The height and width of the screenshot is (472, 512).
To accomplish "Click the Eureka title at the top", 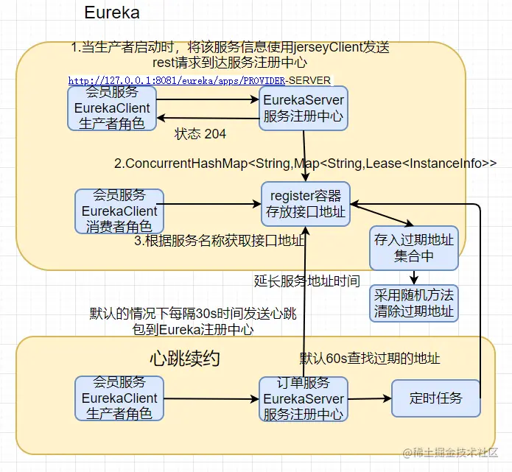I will pyautogui.click(x=112, y=13).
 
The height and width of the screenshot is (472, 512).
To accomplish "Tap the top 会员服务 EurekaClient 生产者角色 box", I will pyautogui.click(x=112, y=108).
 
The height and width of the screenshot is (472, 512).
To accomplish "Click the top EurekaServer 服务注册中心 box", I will pyautogui.click(x=304, y=108).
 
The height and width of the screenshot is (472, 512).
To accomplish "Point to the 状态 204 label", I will pyautogui.click(x=200, y=134).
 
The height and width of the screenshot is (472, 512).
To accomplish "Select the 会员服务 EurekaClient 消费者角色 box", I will pyautogui.click(x=120, y=211).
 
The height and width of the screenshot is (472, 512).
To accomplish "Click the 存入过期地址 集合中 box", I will pyautogui.click(x=414, y=249).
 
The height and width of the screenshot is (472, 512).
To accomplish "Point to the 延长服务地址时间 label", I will pyautogui.click(x=307, y=281).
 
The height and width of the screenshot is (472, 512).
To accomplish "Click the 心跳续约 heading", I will pyautogui.click(x=184, y=359).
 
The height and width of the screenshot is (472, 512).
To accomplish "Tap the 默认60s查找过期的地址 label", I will pyautogui.click(x=370, y=359).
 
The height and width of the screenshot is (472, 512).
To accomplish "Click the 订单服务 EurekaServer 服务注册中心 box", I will pyautogui.click(x=303, y=398).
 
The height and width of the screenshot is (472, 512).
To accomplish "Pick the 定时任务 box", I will pyautogui.click(x=436, y=398).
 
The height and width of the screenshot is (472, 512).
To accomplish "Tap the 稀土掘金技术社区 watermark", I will pyautogui.click(x=449, y=451).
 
